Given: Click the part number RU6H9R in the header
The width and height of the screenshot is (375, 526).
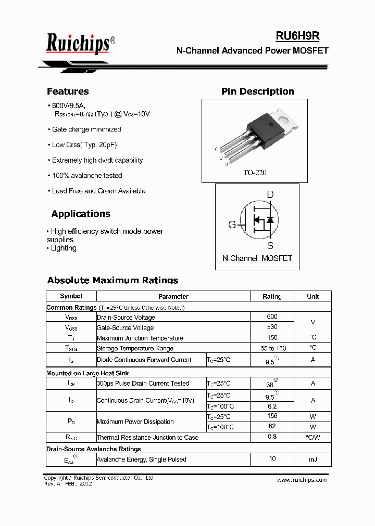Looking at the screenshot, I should pyautogui.click(x=297, y=36).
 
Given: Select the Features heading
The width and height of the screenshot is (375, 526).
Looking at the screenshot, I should pyautogui.click(x=68, y=91).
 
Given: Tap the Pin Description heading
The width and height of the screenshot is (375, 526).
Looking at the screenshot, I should pyautogui.click(x=257, y=91).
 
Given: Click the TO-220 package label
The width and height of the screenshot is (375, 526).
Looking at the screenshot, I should pyautogui.click(x=255, y=173).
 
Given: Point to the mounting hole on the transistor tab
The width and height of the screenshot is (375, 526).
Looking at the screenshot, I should pyautogui.click(x=285, y=119).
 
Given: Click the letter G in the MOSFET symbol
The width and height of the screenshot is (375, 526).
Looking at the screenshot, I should pyautogui.click(x=232, y=225).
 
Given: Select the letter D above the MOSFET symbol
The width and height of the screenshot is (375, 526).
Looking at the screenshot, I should pyautogui.click(x=270, y=195).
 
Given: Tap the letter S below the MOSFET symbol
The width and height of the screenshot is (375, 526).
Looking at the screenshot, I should pyautogui.click(x=270, y=245).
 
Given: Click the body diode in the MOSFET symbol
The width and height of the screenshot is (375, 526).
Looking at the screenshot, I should pyautogui.click(x=270, y=220).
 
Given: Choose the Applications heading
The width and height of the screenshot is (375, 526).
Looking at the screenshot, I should pyautogui.click(x=81, y=214).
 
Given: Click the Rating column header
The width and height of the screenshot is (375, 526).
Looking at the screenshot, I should pyautogui.click(x=272, y=296).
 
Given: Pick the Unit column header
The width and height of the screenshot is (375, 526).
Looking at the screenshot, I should pyautogui.click(x=312, y=296).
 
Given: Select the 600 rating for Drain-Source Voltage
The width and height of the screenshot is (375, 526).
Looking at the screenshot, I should pyautogui.click(x=272, y=317).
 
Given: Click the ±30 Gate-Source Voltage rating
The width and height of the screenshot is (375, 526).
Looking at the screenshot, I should pyautogui.click(x=272, y=327).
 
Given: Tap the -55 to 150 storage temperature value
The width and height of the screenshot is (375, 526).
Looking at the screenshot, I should pyautogui.click(x=272, y=348).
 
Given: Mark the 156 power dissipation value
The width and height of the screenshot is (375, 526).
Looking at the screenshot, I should pyautogui.click(x=272, y=416).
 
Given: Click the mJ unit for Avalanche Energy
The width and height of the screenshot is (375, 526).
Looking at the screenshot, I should pyautogui.click(x=312, y=459).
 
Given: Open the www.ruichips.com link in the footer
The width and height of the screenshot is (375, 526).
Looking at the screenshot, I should pyautogui.click(x=302, y=480).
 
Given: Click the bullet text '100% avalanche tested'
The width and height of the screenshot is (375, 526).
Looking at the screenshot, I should pyautogui.click(x=87, y=176).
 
